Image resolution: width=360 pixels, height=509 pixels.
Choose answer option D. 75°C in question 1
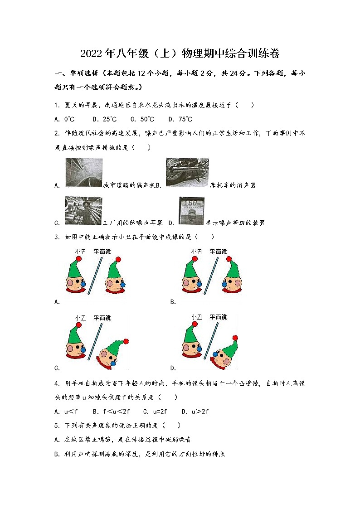pos(180,119)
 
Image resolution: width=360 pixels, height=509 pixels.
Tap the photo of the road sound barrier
pos(83,173)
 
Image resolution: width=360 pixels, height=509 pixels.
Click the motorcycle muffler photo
pos(187,173)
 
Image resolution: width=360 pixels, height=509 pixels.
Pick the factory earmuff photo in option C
pos(83,210)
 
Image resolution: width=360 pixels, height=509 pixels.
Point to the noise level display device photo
pos(191,211)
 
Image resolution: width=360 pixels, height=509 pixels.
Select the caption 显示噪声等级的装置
pos(235,223)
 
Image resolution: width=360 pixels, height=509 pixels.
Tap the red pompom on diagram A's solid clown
pos(78,259)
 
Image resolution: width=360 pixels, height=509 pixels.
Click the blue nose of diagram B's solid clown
pos(199,284)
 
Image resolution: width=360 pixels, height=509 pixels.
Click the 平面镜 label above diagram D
pos(218,317)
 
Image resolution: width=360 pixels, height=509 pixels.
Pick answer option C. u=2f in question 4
pos(155,412)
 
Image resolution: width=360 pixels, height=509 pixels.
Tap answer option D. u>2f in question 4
pos(195,412)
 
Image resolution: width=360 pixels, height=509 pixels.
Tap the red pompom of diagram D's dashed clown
pos(234,338)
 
